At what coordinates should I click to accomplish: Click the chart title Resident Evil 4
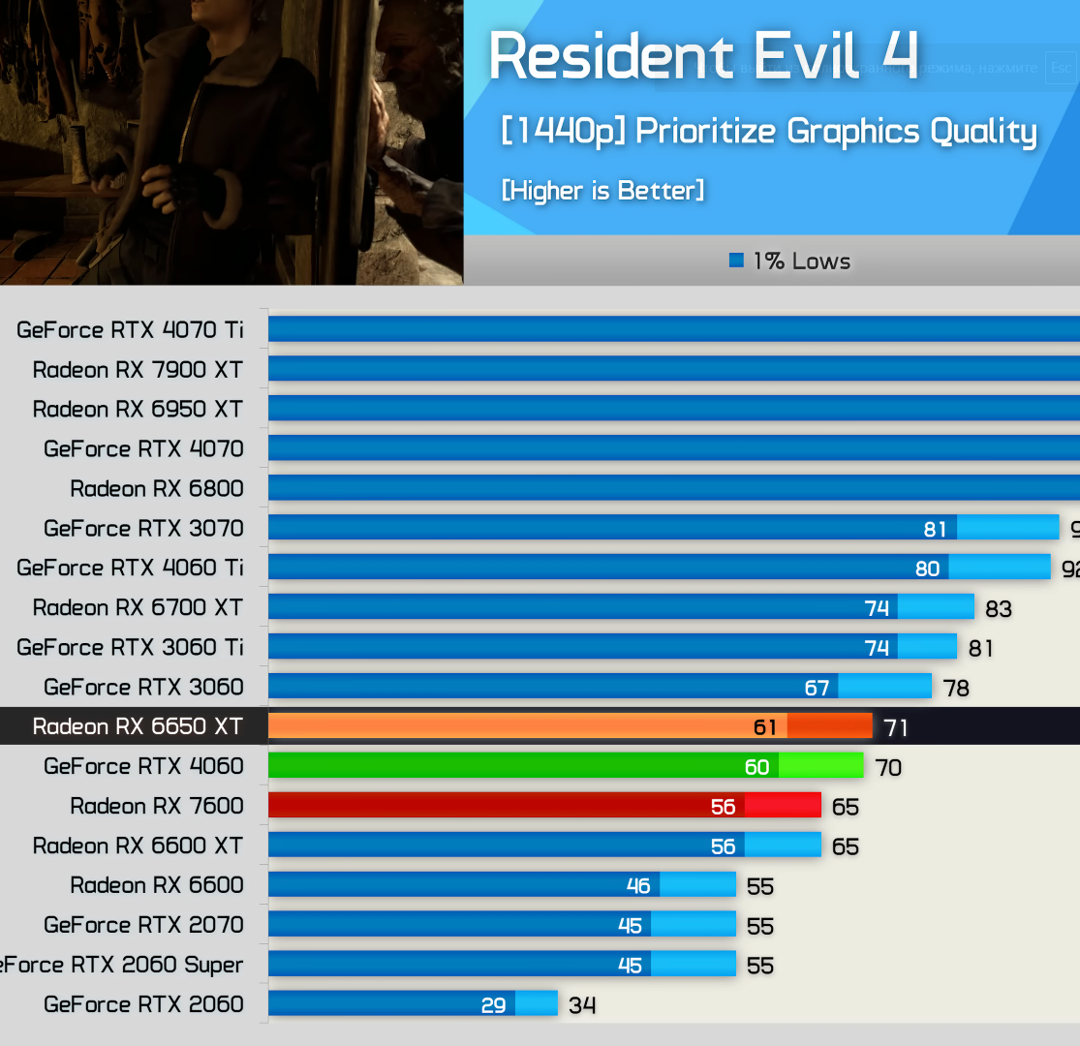703,56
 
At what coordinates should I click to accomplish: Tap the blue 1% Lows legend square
737,261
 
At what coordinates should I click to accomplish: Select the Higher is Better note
602,190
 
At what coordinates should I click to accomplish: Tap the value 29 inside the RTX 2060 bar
494,1004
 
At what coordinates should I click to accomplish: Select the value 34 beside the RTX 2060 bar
582,1005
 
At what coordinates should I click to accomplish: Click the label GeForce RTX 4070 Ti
130,329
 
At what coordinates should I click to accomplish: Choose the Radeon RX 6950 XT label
138,409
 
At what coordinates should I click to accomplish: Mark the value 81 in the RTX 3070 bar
935,529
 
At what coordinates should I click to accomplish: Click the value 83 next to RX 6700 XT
998,608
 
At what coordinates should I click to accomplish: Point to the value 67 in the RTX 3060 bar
818,688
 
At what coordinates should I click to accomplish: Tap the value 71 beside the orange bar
896,727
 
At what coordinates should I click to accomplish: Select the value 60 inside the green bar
757,767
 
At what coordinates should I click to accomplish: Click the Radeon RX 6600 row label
157,884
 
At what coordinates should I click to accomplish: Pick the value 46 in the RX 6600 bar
638,885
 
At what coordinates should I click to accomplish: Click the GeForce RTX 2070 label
143,924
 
